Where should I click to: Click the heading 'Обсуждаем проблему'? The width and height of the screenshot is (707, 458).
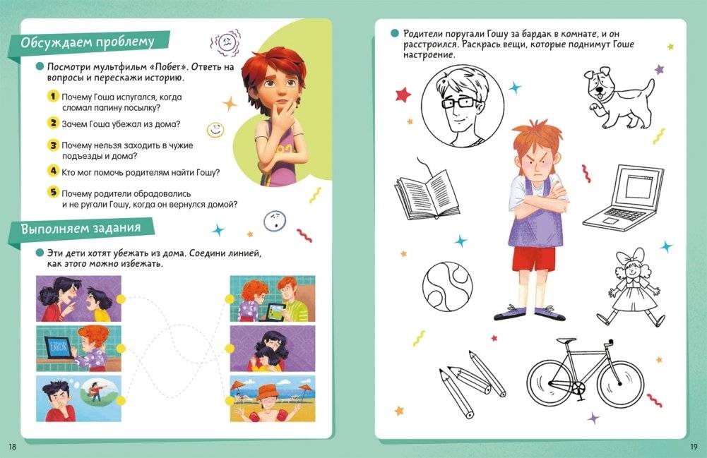[88, 42]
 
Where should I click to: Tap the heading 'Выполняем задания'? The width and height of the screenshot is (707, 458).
[81, 229]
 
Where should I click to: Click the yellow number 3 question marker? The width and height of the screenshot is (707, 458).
[53, 145]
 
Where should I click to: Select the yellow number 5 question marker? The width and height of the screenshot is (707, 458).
[53, 192]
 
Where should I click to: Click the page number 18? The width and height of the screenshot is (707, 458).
[12, 447]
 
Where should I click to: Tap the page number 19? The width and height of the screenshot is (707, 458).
[694, 447]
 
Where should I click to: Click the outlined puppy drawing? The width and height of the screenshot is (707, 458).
[619, 97]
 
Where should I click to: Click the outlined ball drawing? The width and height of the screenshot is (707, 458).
[447, 287]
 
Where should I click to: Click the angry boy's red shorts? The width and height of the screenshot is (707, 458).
[534, 258]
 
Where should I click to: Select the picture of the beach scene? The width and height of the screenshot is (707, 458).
[273, 399]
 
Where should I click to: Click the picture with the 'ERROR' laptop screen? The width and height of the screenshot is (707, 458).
[78, 349]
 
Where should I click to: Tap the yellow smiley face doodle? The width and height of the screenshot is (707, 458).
[215, 130]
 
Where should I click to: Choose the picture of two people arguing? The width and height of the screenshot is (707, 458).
[78, 299]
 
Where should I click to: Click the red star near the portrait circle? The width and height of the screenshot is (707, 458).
[403, 95]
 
